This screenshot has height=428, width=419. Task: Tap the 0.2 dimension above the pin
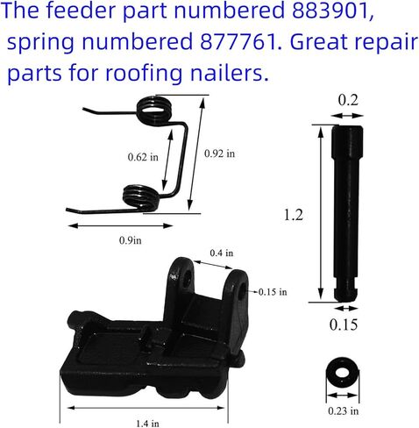pos(347,103)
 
